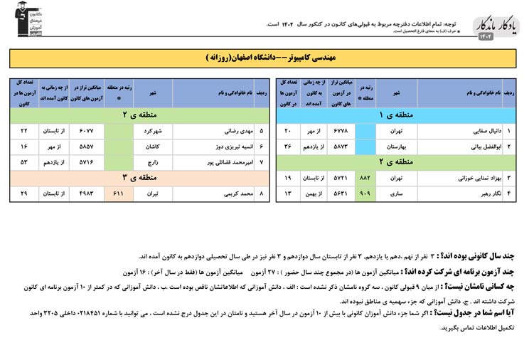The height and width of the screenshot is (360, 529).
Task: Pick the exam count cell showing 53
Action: tap(24, 162)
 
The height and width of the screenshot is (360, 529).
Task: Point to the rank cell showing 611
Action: tap(119, 193)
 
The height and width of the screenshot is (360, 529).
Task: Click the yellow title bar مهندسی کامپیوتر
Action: tap(264, 58)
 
